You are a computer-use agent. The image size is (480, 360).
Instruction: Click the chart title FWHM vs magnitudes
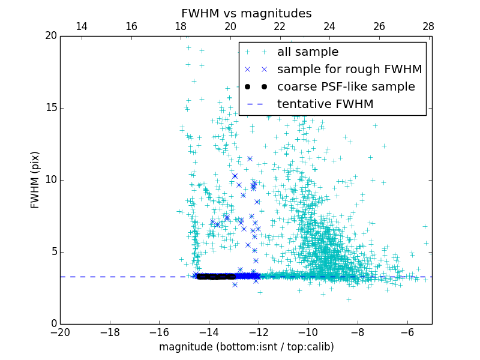[246, 13]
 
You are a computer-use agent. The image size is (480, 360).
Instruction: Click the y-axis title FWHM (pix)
[35, 179]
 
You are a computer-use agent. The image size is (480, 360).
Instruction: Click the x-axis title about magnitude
[246, 347]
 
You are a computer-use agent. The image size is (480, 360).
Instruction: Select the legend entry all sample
[308, 52]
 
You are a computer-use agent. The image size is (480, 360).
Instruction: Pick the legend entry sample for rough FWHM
[349, 70]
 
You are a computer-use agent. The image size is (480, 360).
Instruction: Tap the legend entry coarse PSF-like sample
[346, 87]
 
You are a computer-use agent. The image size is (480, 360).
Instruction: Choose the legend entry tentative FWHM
[325, 104]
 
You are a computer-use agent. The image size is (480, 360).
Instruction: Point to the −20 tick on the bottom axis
[60, 332]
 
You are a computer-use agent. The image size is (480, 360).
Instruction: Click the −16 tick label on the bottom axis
[159, 332]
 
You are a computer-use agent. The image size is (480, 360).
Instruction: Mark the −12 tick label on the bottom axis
[259, 332]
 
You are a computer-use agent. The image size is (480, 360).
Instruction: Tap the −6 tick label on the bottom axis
[407, 332]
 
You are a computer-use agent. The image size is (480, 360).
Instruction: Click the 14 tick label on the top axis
[82, 26]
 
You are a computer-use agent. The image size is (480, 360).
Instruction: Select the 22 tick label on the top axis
[280, 26]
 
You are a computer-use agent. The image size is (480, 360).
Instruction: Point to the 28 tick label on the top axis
[428, 26]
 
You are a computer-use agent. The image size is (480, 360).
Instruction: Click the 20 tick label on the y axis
[50, 36]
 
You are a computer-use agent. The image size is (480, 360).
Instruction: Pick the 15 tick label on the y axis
[50, 108]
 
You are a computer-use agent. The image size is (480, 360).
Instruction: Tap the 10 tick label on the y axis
[50, 180]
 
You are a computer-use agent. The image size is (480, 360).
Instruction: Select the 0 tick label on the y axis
[53, 324]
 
